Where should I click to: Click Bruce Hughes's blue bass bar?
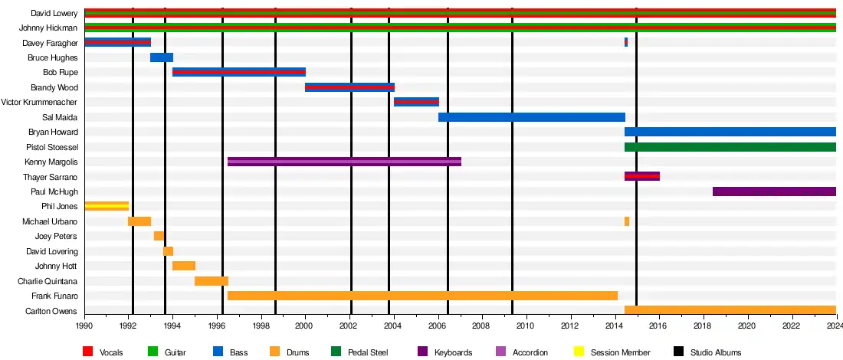point(162,57)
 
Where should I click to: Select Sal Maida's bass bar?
point(532,117)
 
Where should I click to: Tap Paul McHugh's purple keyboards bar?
point(774,191)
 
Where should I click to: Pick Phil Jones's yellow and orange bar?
point(107,206)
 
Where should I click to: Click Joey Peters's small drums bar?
point(159,236)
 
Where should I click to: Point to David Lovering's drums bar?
point(168,251)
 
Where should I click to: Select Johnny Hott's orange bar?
point(184,266)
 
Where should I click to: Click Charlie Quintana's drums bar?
point(212,281)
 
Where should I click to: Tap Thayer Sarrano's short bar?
point(642,176)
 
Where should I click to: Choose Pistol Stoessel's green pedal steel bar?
point(730,147)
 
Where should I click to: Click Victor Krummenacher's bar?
point(416,102)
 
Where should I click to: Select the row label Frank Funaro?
point(54,296)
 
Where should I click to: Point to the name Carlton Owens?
point(51,311)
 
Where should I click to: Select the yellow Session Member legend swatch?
point(579,352)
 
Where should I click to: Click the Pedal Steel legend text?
point(368,352)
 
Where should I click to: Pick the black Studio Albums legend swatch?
point(678,352)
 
